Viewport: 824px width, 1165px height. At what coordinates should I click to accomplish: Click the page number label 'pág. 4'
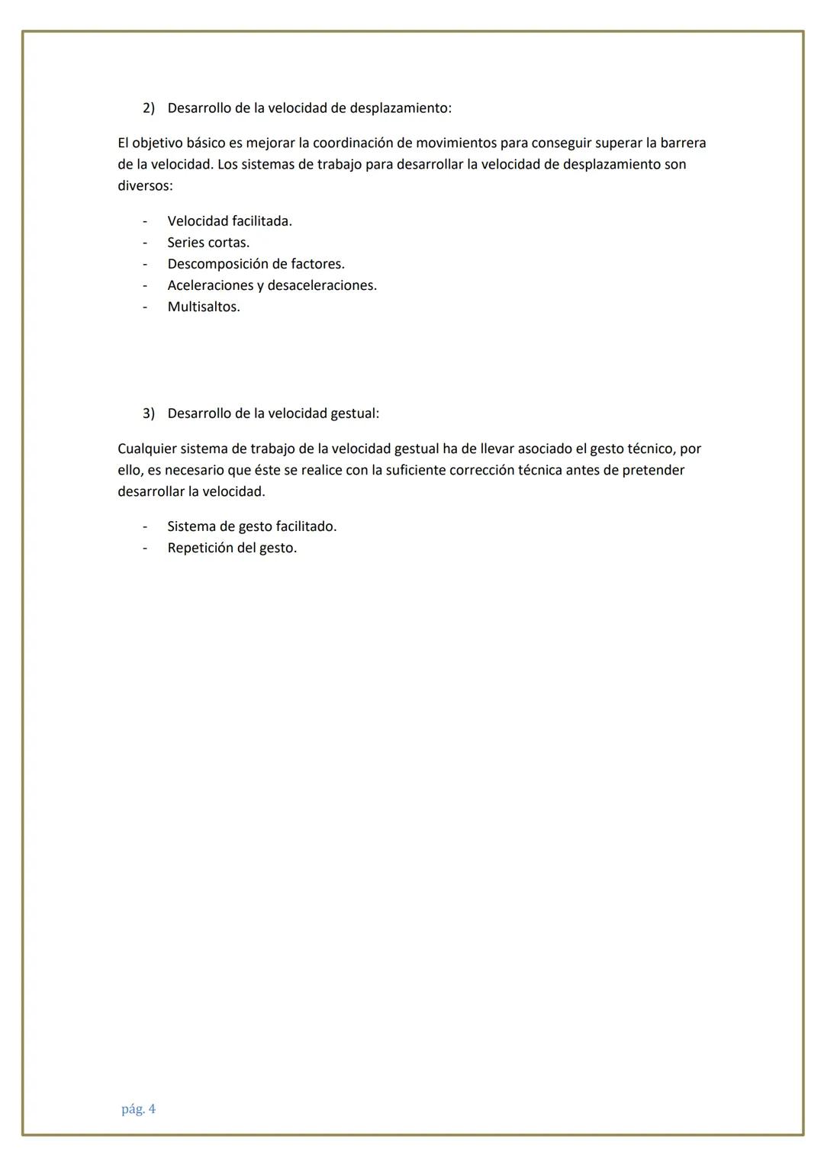click(x=138, y=1109)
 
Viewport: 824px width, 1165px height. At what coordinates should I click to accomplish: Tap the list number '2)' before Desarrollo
click(x=149, y=108)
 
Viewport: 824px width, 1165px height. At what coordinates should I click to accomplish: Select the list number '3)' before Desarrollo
click(x=149, y=414)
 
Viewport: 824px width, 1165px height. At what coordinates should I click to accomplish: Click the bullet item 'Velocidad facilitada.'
click(x=230, y=221)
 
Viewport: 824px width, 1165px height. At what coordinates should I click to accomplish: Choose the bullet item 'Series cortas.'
click(x=208, y=243)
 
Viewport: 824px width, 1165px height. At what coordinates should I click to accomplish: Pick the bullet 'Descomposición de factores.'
click(x=256, y=264)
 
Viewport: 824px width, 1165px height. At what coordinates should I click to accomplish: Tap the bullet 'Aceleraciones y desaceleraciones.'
click(x=272, y=285)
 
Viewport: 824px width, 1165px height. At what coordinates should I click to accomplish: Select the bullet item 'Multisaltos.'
click(x=204, y=307)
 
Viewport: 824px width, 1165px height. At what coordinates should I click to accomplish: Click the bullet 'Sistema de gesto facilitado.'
click(x=252, y=526)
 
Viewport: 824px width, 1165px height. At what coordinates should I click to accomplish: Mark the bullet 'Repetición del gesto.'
click(x=232, y=548)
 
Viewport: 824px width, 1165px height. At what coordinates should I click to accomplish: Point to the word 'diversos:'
click(x=145, y=185)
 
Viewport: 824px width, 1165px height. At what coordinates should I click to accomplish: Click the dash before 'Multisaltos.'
click(x=144, y=307)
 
